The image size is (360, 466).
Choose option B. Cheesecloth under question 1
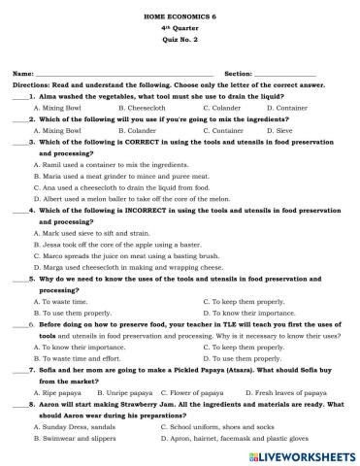142,108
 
